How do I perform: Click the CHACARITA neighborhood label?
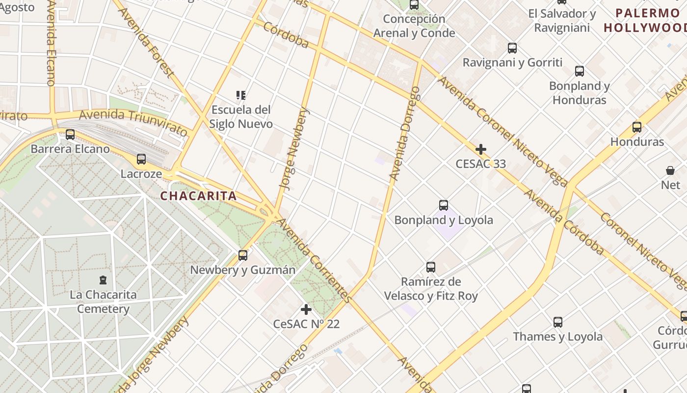coord(198,196)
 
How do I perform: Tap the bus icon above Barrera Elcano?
coord(70,134)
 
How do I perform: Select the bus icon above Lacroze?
coord(141,159)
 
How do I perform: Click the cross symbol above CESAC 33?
coord(481,149)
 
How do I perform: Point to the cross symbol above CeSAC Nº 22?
coord(306,309)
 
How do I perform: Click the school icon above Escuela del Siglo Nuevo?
coord(240,95)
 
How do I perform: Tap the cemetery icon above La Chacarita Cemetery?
coord(103,280)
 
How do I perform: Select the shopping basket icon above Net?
coord(670,170)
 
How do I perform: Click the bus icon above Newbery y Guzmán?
coord(243,255)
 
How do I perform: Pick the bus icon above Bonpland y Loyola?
coord(444,205)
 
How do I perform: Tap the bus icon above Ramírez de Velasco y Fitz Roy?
coord(431,267)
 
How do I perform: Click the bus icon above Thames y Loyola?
coord(558,322)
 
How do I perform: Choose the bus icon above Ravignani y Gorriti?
coord(512,48)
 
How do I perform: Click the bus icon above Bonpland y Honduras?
coord(580,71)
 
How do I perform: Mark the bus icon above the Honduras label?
coord(637,127)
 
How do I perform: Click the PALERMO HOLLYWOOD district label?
coord(645,20)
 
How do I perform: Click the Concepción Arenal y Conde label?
coord(414,26)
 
